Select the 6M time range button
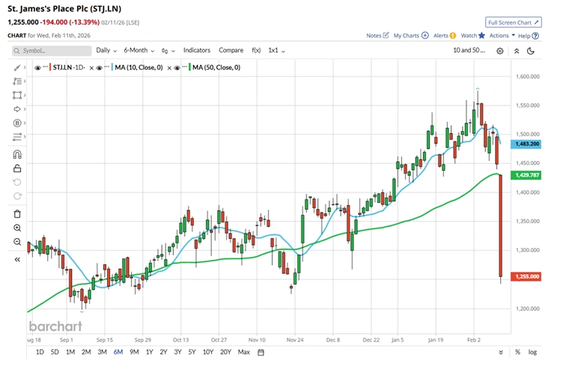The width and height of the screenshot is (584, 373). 118,351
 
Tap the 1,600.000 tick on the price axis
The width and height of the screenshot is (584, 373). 529,76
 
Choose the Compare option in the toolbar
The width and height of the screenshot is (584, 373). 231,50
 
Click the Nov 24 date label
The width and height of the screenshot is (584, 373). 295,339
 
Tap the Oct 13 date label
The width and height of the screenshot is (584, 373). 182,339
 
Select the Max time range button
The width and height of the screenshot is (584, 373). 244,351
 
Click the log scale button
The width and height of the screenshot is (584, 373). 532,351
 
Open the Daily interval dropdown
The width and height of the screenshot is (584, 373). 106,50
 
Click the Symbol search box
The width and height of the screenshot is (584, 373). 51,50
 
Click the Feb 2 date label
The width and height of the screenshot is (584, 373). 475,339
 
